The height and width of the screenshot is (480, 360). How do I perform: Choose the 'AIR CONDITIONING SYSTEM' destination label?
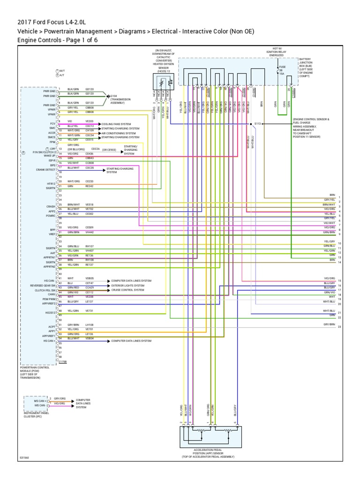click(125, 133)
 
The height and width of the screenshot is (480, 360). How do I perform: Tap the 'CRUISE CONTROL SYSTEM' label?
click(127, 290)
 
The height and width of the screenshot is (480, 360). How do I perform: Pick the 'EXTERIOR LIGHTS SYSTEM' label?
click(127, 285)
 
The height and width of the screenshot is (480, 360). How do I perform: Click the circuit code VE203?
click(90, 121)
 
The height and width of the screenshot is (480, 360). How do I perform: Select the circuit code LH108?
click(90, 324)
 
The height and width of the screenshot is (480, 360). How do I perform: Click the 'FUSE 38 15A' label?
click(282, 70)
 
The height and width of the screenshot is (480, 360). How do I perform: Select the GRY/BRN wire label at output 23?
click(329, 324)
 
